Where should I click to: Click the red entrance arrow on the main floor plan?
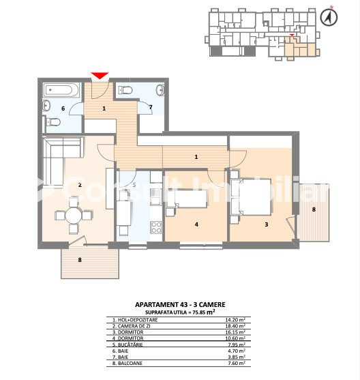pyautogui.click(x=100, y=76)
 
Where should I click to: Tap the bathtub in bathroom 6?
pyautogui.click(x=61, y=90)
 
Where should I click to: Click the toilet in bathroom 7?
pyautogui.click(x=125, y=91)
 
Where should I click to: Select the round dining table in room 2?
pyautogui.click(x=74, y=216)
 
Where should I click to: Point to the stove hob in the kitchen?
pyautogui.click(x=156, y=227)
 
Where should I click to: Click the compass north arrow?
pyautogui.click(x=329, y=17)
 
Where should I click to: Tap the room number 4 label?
pyautogui.click(x=196, y=224)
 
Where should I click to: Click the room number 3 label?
pyautogui.click(x=266, y=224)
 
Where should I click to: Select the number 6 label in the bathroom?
pyautogui.click(x=63, y=108)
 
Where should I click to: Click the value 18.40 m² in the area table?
pyautogui.click(x=235, y=326)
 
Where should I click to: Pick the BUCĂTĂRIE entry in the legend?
pyautogui.click(x=127, y=345)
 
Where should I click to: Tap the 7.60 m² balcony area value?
pyautogui.click(x=235, y=363)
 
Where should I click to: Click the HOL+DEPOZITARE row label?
pyautogui.click(x=135, y=320)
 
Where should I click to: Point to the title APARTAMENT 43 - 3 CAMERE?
pyautogui.click(x=180, y=305)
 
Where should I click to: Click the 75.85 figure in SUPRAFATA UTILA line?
pyautogui.click(x=198, y=312)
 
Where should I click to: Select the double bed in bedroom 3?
pyautogui.click(x=251, y=196)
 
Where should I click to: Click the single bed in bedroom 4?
pyautogui.click(x=187, y=199)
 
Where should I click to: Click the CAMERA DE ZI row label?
pyautogui.click(x=131, y=326)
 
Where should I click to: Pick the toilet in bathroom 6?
pyautogui.click(x=52, y=122)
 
